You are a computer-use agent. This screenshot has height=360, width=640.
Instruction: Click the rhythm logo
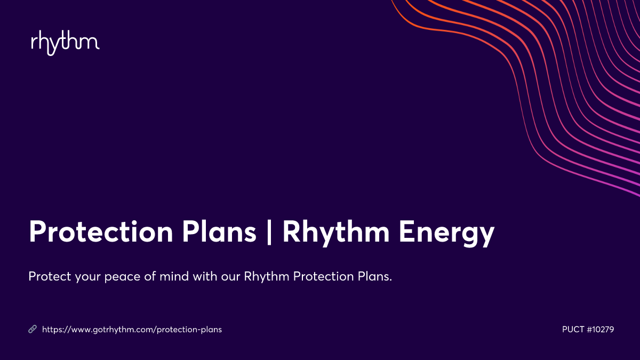pos(65,43)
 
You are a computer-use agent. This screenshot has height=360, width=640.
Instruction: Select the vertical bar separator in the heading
pos(269,233)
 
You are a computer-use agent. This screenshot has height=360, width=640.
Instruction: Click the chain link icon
pos(32,330)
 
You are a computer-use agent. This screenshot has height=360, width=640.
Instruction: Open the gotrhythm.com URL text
pos(132,330)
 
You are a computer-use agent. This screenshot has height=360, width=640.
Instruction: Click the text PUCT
pos(573,330)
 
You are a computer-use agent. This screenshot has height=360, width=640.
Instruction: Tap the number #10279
pos(600,330)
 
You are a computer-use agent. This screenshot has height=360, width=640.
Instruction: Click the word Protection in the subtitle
pos(319,277)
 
